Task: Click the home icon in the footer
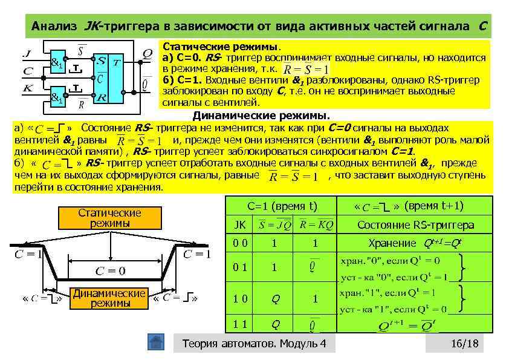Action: [157, 342]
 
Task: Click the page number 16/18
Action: [464, 344]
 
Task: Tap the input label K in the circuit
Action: [27, 88]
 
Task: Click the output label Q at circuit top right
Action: [147, 53]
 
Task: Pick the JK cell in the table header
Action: [240, 225]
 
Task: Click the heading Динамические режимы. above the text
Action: [261, 115]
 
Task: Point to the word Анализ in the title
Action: [54, 27]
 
